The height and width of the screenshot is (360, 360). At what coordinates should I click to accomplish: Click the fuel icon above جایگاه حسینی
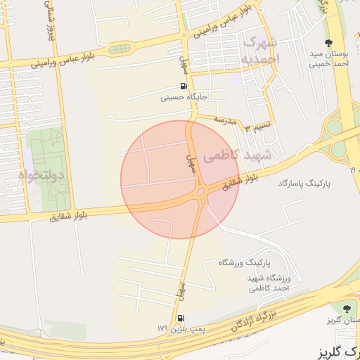[x=184, y=87]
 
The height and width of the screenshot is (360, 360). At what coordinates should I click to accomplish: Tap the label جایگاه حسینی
[x=184, y=98]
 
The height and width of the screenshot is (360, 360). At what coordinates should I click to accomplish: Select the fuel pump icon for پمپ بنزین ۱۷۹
[x=181, y=318]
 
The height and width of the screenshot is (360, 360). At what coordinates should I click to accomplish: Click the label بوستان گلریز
[x=343, y=321]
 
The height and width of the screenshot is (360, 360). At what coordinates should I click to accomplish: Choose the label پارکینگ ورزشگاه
[x=243, y=262]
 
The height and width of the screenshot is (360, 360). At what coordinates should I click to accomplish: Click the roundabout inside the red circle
[x=201, y=191]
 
